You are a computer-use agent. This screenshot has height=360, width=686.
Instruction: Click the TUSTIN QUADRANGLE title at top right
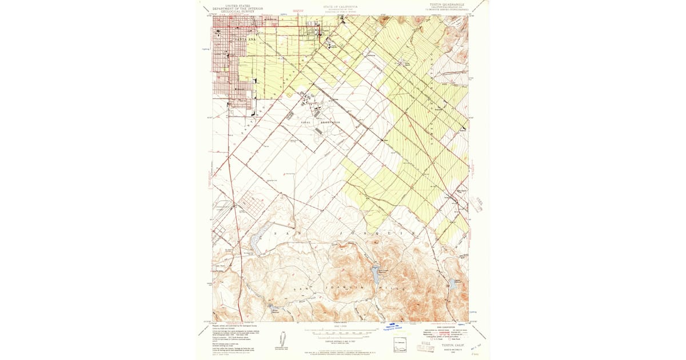[x=448, y=4]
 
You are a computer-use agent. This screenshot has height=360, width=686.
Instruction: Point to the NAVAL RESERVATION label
[x=318, y=122]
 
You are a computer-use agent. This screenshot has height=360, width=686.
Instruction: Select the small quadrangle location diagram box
[x=399, y=345]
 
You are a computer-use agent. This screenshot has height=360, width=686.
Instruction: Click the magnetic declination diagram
[x=282, y=338]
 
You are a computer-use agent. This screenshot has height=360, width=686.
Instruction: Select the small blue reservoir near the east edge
[x=453, y=283]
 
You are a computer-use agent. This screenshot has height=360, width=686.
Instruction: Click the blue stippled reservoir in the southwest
[x=254, y=244]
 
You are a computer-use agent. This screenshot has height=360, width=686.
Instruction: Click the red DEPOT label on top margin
[x=297, y=10]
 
